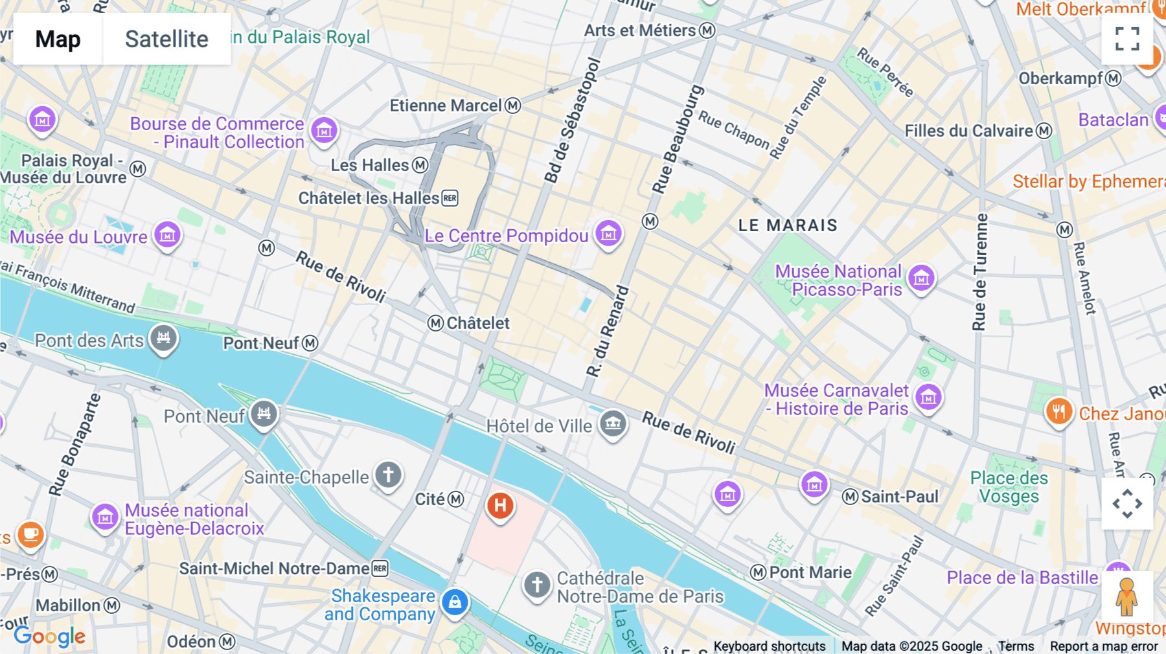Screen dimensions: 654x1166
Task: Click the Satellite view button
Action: click(166, 39)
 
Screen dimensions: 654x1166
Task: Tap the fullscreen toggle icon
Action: click(1127, 39)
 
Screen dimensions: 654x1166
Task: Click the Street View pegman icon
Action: click(1126, 596)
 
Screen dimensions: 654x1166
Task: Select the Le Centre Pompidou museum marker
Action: click(608, 234)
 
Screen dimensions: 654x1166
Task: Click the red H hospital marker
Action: click(500, 505)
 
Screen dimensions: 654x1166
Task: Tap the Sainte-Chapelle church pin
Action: click(388, 475)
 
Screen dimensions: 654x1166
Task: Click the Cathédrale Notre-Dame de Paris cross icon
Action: click(537, 585)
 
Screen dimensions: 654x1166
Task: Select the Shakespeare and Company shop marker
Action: click(455, 602)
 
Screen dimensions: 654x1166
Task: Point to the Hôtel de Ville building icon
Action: click(613, 424)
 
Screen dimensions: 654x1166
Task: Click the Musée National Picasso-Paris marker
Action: click(921, 278)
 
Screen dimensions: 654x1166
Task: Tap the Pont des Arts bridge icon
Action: click(163, 337)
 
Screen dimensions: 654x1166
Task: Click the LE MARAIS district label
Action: click(788, 225)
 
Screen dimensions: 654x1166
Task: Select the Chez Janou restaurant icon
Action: click(1058, 411)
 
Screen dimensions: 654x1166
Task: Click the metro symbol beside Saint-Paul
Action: click(850, 497)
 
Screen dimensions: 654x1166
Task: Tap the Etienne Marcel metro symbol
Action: click(513, 106)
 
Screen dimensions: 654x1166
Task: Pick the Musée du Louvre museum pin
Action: click(167, 235)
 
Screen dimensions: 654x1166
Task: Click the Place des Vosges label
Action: click(1009, 487)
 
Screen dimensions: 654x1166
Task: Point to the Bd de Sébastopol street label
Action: click(572, 120)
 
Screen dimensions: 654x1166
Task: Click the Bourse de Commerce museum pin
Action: click(324, 131)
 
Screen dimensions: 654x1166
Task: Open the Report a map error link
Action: click(1103, 646)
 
